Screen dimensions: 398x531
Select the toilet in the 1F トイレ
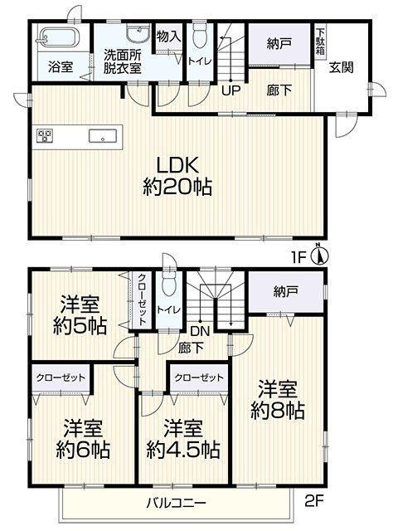point(200,36)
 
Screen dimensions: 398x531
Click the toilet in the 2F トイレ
point(169,283)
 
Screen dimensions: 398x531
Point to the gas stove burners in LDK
point(45,136)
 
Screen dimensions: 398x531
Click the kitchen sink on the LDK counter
point(103,136)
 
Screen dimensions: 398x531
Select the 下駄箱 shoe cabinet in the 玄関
point(320,42)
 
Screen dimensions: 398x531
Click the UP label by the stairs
point(231,90)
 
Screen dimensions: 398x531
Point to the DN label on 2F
point(200,331)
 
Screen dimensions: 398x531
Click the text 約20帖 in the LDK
point(177,187)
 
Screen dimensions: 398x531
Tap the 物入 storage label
point(169,36)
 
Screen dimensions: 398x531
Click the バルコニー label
point(176,503)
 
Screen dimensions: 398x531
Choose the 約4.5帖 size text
point(183,450)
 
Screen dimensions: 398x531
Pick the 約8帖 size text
point(278,411)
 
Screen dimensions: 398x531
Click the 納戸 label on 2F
point(286,292)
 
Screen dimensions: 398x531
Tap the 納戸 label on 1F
point(279,43)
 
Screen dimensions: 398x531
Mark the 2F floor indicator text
point(314,501)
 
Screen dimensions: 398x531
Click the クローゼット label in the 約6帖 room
point(61,378)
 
